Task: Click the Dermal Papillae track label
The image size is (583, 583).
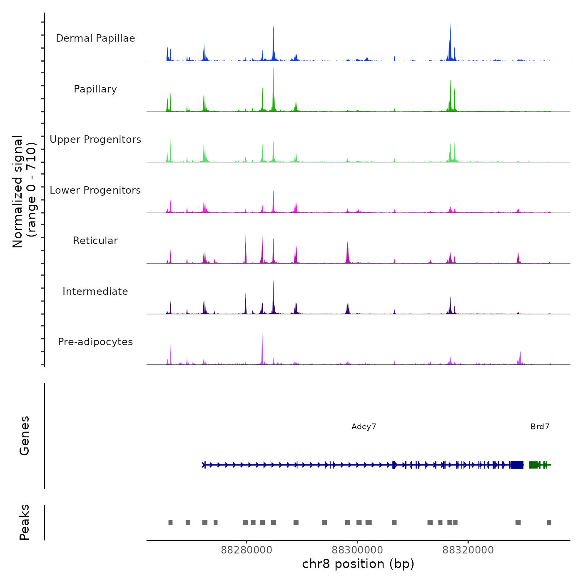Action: point(95,38)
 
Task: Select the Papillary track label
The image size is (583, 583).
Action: point(95,89)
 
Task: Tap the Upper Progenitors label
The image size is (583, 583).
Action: point(95,140)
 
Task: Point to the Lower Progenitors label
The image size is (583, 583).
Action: point(95,190)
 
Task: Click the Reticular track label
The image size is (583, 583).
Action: point(95,241)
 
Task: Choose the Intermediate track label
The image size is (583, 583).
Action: point(95,291)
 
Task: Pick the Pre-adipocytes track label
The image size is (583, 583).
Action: point(95,342)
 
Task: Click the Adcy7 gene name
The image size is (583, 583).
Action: point(364,427)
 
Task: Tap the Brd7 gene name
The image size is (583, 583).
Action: point(540,427)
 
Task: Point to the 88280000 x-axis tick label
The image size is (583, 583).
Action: point(247,550)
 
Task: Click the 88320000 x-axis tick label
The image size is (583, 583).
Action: point(468,550)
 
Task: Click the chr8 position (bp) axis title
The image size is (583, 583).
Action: point(358,564)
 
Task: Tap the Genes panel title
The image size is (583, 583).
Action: point(25,436)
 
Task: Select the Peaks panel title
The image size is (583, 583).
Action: point(25,522)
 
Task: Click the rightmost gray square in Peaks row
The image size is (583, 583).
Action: point(549,523)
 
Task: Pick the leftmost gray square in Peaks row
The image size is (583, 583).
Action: point(170,523)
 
